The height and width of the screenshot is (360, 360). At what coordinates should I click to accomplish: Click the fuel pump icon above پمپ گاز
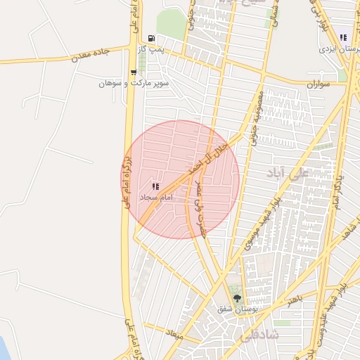151,39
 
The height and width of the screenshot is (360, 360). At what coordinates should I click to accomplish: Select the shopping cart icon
134,72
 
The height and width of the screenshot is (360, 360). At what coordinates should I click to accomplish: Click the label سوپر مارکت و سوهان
126,83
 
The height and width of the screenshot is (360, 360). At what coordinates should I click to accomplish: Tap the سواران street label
318,84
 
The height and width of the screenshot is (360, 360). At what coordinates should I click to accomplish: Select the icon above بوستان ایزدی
343,37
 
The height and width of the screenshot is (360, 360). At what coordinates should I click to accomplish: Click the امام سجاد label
155,198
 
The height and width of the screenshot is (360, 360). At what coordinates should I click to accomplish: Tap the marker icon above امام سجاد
155,186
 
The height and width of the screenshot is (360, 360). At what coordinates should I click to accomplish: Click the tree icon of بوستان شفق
235,297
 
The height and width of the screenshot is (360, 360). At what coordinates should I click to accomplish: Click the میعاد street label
176,337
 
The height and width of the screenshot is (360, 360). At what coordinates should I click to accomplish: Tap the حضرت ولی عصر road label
200,210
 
